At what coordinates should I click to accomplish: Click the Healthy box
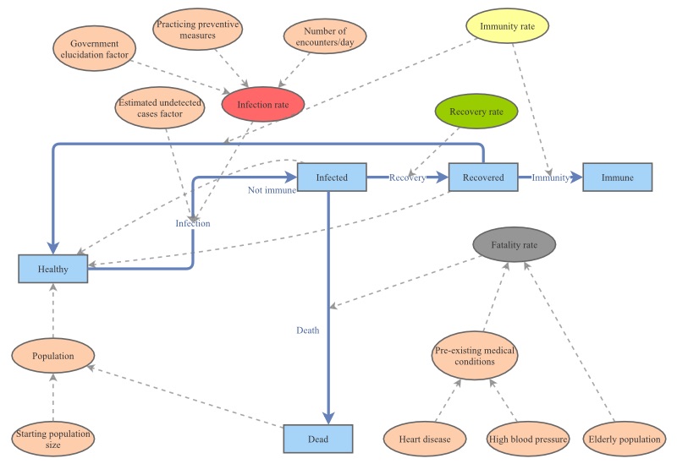[52, 269]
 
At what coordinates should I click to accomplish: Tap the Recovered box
[482, 177]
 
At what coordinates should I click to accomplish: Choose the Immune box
[618, 177]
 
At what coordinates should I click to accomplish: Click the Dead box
[316, 439]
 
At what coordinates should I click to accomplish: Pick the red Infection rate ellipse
[262, 106]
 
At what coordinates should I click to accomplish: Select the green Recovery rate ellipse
[471, 112]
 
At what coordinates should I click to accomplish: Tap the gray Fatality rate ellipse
[514, 244]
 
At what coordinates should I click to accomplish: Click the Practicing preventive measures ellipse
[198, 30]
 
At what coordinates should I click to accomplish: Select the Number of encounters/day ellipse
[316, 39]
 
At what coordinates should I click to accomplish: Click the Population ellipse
[54, 356]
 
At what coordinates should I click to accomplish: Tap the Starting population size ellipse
[52, 439]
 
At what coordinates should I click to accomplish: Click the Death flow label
[307, 330]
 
